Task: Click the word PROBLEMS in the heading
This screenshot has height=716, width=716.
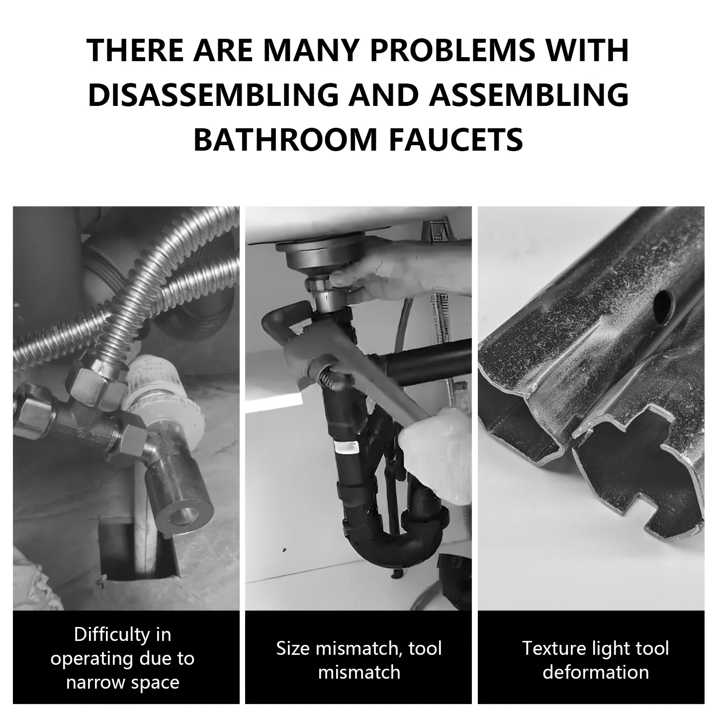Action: (x=452, y=50)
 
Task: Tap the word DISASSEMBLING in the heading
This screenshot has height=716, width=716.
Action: (x=213, y=95)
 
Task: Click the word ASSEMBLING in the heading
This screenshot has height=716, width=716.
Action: (x=529, y=95)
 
